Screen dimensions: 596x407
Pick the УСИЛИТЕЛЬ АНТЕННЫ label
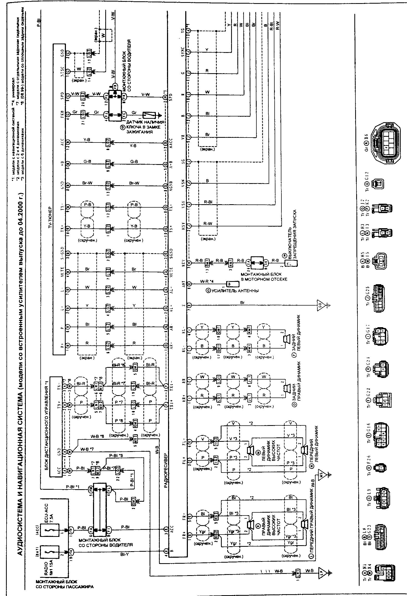point(233,291)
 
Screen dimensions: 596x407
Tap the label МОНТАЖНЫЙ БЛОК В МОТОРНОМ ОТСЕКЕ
point(264,277)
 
